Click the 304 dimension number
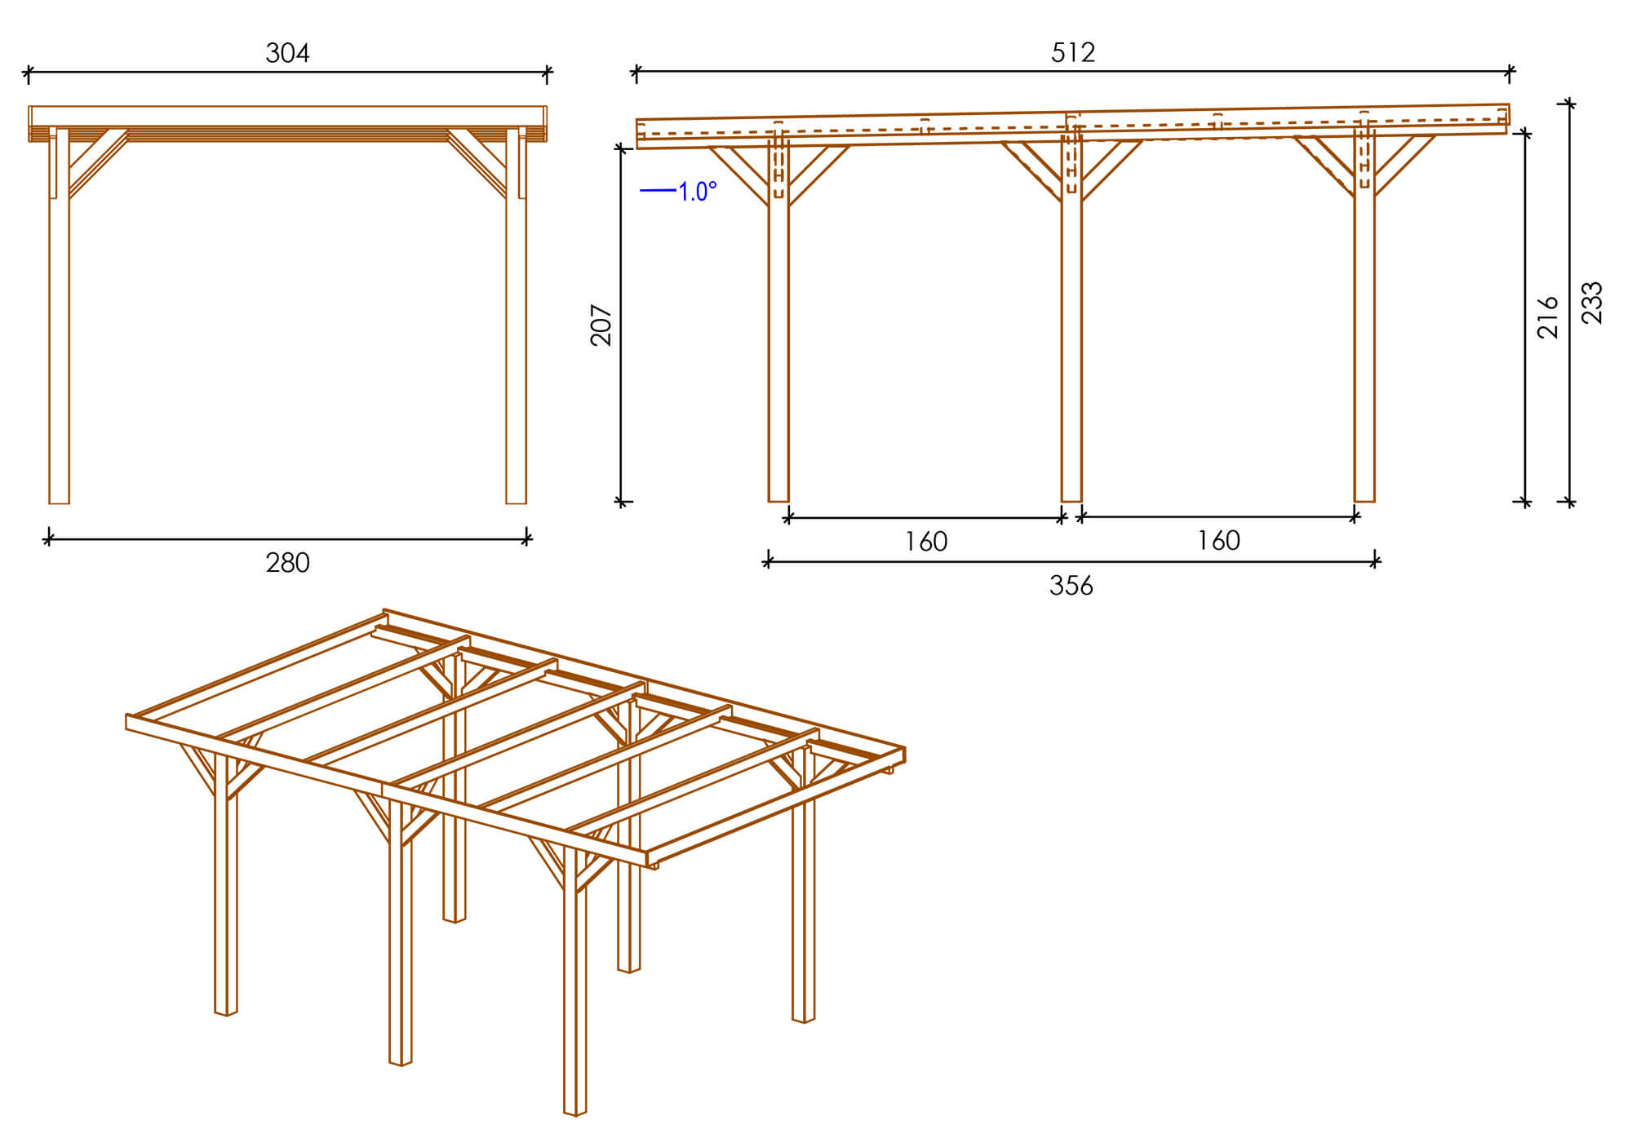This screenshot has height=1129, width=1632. [x=287, y=53]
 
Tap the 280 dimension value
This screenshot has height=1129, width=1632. [x=287, y=563]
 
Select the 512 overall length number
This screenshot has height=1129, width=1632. [x=1073, y=52]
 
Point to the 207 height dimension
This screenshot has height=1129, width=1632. [x=601, y=325]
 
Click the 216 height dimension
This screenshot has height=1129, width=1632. [x=1548, y=317]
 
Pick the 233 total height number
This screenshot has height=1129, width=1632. [x=1592, y=303]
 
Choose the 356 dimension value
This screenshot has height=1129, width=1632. [x=1071, y=585]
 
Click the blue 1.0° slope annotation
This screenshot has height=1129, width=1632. [x=698, y=192]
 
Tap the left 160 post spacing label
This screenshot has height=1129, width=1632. [x=926, y=542]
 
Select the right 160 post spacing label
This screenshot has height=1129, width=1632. [x=1218, y=540]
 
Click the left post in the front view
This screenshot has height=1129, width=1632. [x=59, y=316]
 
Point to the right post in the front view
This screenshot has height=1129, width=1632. [x=516, y=316]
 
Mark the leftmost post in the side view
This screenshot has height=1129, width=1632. [x=778, y=318]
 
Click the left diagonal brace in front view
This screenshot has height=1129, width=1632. [x=98, y=162]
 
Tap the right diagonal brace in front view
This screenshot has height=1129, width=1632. [x=477, y=162]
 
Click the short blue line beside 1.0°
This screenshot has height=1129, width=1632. [x=658, y=191]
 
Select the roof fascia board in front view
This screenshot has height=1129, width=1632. [x=287, y=116]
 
